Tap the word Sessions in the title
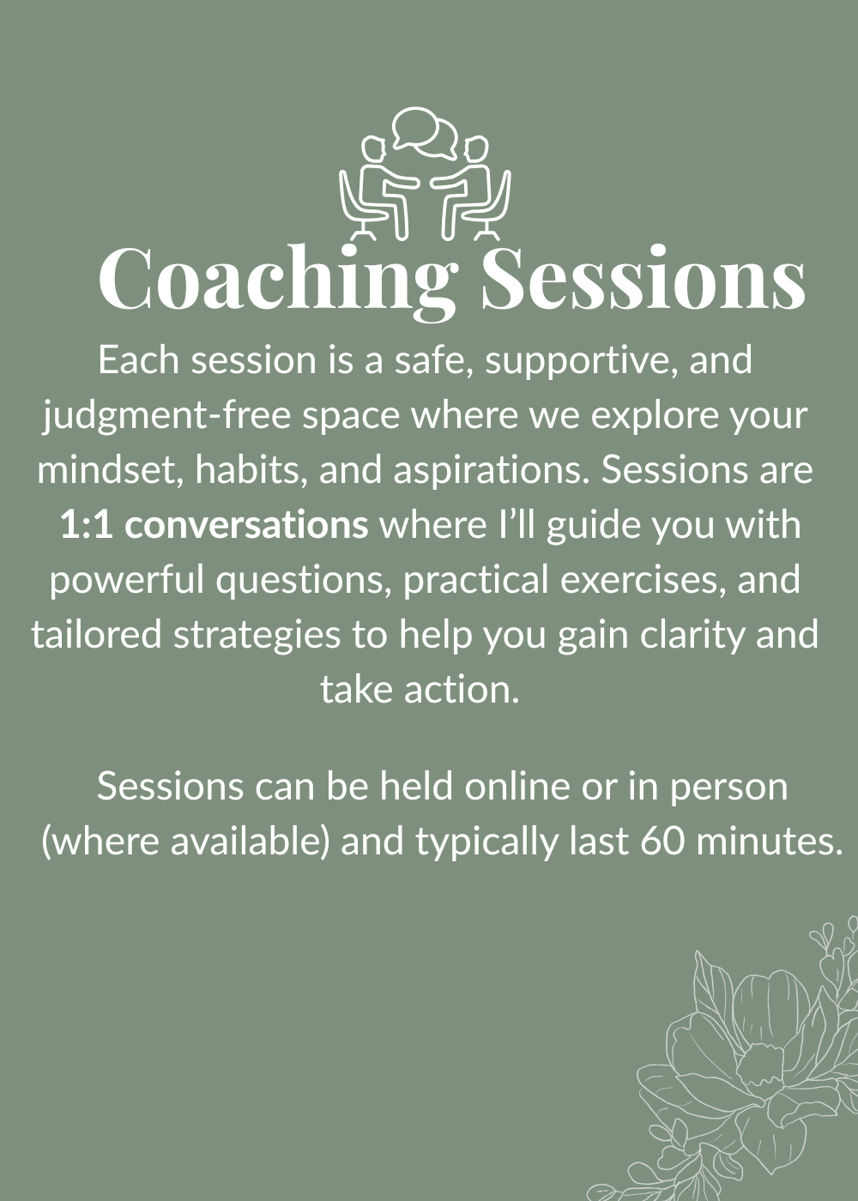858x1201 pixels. (643, 278)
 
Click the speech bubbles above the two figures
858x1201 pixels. (425, 132)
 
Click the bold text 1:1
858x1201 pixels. (86, 525)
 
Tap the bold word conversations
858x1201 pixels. (246, 525)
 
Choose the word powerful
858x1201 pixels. (127, 582)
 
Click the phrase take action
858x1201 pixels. (420, 690)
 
